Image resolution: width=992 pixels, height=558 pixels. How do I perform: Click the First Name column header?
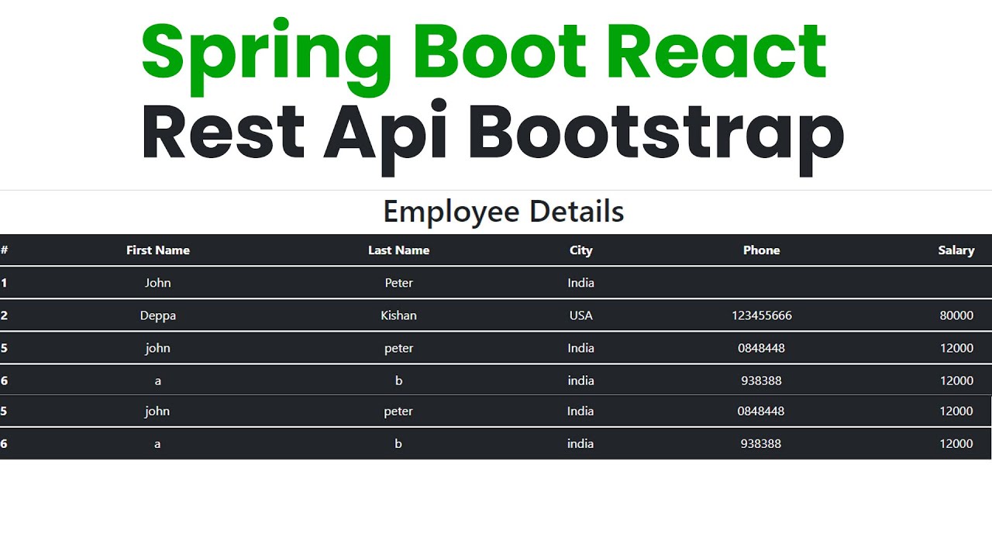point(158,250)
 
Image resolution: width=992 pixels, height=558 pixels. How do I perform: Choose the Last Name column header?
point(398,250)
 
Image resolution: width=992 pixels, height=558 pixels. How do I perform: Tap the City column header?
point(580,250)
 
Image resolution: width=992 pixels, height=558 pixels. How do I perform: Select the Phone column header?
point(761,250)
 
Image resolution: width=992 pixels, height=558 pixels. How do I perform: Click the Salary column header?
point(956,250)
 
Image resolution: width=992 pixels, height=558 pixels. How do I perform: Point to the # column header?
point(5,250)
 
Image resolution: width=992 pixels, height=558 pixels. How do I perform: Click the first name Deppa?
point(158,315)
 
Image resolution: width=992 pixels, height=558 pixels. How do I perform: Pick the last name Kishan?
point(398,315)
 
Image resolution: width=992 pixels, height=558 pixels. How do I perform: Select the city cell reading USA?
point(580,315)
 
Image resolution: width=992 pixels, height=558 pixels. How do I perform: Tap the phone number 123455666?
point(761,315)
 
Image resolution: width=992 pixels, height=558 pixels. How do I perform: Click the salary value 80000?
point(956,315)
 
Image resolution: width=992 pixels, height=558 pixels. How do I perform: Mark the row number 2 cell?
point(5,315)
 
